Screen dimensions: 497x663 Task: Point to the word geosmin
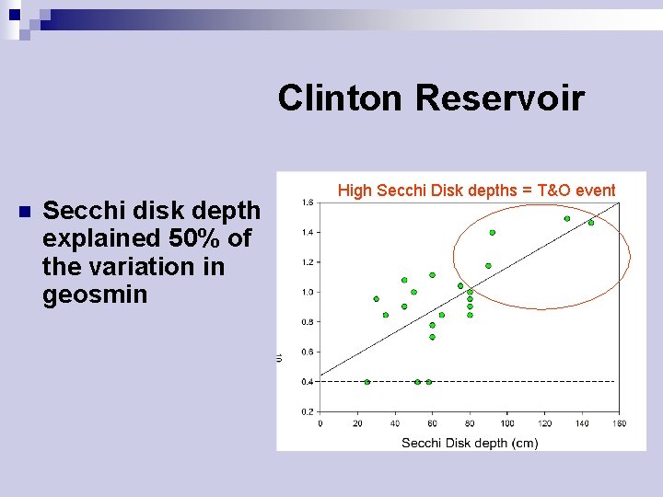point(95,296)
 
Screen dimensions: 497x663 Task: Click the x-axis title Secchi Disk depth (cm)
point(470,443)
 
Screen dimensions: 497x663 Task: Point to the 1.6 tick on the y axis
point(308,202)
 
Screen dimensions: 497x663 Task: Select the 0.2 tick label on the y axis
point(308,411)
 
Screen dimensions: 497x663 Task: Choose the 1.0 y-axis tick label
point(308,292)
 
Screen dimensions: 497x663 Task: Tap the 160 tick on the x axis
point(619,423)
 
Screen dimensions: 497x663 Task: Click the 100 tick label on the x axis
point(507,423)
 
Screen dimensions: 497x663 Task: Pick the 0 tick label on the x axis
point(320,423)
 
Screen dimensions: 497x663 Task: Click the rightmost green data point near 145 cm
point(591,223)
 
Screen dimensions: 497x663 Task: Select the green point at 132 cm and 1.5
point(567,219)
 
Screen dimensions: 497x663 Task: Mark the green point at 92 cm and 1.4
point(493,233)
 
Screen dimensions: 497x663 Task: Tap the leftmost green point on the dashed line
point(367,382)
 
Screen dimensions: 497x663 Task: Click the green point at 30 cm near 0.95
point(376,299)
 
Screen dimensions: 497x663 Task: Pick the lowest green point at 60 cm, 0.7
point(432,337)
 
